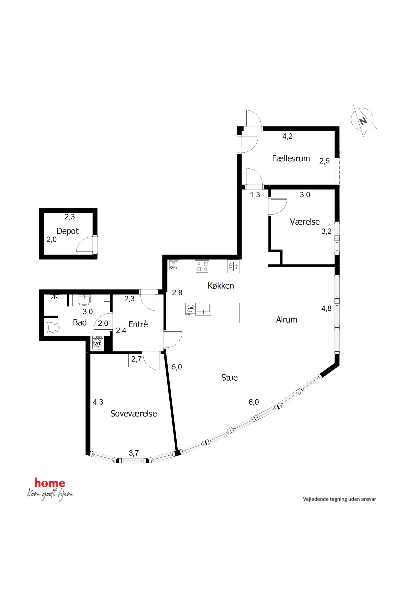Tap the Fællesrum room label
(x=291, y=158)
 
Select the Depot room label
(x=68, y=231)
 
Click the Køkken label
(x=221, y=286)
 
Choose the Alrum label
(x=287, y=320)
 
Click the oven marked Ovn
(x=173, y=266)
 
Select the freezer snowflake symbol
(x=233, y=266)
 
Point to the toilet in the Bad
(x=52, y=328)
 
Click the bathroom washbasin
(x=84, y=300)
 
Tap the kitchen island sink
(x=203, y=309)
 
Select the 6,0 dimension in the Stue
(x=254, y=402)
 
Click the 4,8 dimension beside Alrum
(x=326, y=308)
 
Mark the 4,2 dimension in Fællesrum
(x=287, y=136)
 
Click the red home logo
(x=50, y=483)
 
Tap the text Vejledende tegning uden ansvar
(x=339, y=499)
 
